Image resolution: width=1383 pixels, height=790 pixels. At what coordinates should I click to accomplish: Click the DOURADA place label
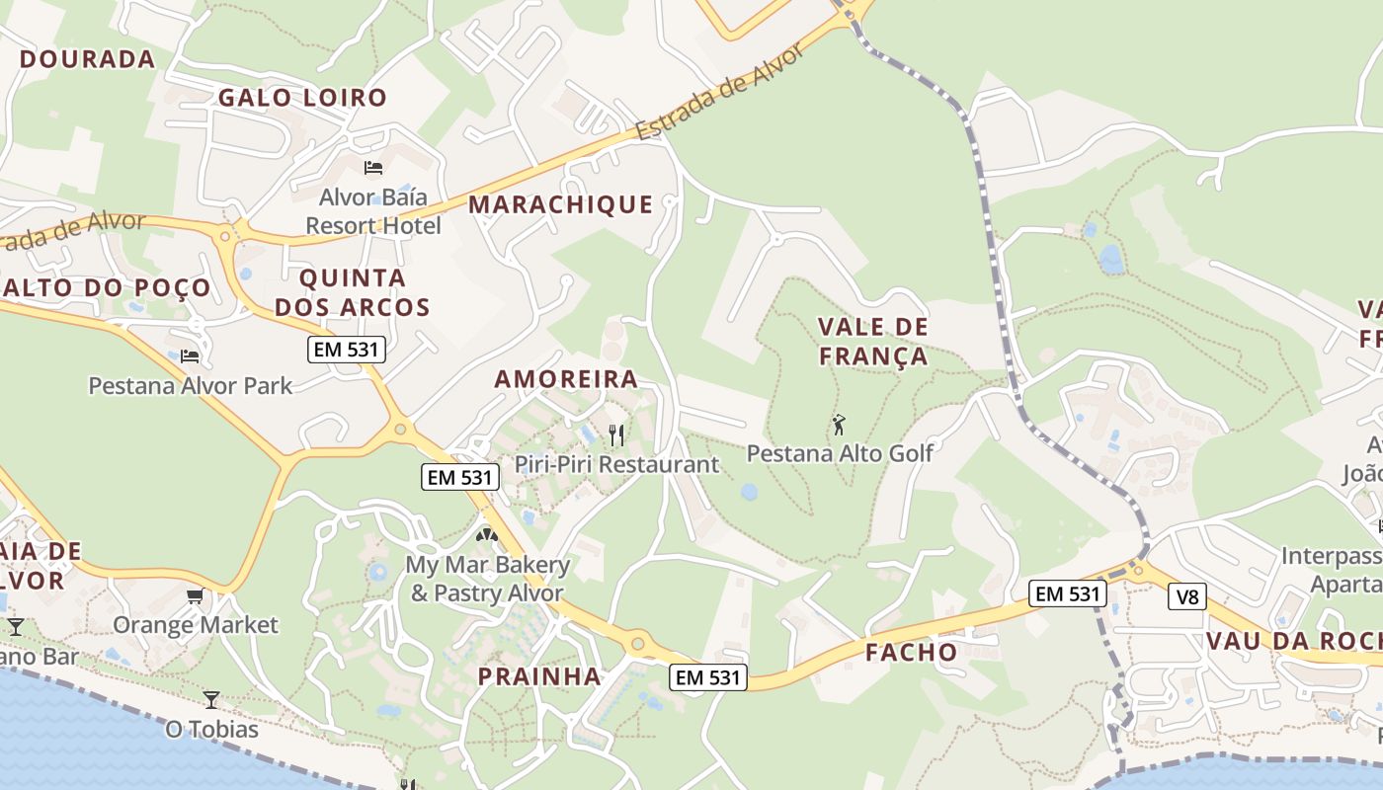point(88,59)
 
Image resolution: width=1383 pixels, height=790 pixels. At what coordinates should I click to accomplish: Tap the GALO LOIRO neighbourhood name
point(302,98)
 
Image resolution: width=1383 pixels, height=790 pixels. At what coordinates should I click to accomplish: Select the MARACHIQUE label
point(560,204)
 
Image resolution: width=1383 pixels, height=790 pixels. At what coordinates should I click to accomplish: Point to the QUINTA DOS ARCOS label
point(353,292)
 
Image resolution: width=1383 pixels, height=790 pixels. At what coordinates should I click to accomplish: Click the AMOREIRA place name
point(566,379)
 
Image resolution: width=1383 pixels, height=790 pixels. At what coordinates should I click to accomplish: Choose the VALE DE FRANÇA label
point(874,342)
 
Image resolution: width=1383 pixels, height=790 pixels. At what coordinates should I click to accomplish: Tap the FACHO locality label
point(912,652)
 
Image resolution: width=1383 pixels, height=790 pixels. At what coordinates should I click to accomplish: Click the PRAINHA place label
point(539,676)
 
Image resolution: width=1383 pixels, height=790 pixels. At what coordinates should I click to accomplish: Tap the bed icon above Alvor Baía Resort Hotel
point(373,167)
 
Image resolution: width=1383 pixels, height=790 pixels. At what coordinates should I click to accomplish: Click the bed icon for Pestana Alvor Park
point(190,355)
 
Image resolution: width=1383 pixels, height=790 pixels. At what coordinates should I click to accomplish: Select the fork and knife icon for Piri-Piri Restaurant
point(616,434)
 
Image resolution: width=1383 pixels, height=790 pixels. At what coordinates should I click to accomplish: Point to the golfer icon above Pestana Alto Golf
point(839,425)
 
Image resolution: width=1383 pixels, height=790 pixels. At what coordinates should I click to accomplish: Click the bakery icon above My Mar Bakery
point(486,536)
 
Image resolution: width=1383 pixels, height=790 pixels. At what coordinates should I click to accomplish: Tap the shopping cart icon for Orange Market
point(195,595)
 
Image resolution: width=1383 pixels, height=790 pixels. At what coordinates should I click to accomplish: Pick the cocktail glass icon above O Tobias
point(211,700)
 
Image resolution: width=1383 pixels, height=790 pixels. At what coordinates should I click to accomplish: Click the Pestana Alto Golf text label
point(840,453)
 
